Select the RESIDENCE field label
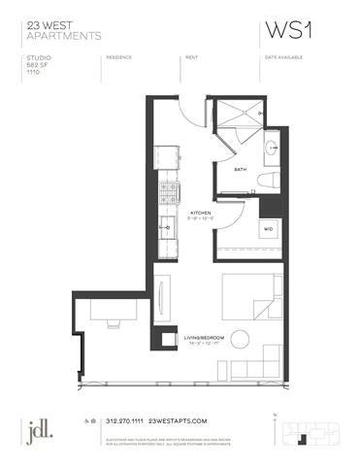pyautogui.click(x=122, y=57)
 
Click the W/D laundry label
pyautogui.click(x=268, y=229)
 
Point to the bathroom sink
pyautogui.click(x=272, y=149)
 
